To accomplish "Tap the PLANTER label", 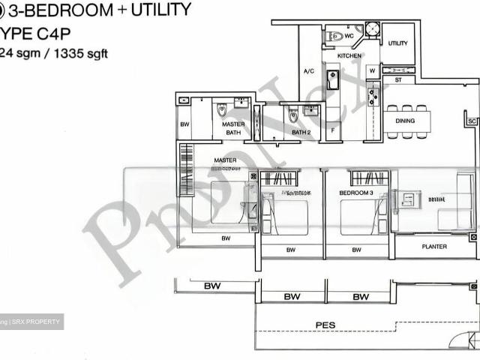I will pos(433,246).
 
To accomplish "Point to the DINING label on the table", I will pos(406,120).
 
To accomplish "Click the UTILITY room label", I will pos(397,43).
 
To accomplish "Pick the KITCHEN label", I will pos(349,55).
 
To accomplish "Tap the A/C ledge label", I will pos(308,72).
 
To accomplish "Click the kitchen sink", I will pos(332,79).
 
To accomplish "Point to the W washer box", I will pos(371,72).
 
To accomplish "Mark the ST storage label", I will pos(397,79).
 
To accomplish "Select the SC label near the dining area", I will pos(472,121).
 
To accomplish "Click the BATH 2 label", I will pos(301,133).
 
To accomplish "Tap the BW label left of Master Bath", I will pos(184,125).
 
